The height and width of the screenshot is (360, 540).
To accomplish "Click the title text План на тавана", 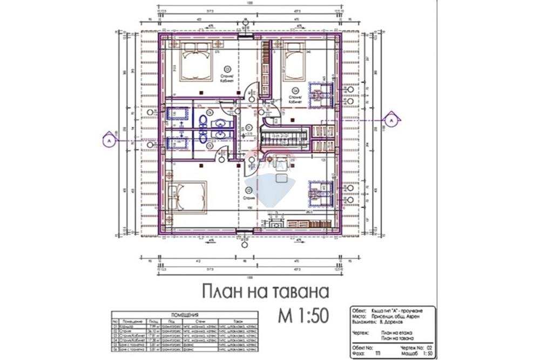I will click(265, 292).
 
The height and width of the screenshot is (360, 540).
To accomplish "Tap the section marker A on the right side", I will click(390, 117).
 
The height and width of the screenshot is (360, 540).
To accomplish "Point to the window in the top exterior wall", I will click(245, 37).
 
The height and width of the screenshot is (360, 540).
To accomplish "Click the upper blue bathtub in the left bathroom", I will click(177, 114).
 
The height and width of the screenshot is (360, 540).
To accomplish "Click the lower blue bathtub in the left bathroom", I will click(177, 142).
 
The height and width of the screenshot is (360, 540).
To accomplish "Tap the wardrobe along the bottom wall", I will click(308, 223).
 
